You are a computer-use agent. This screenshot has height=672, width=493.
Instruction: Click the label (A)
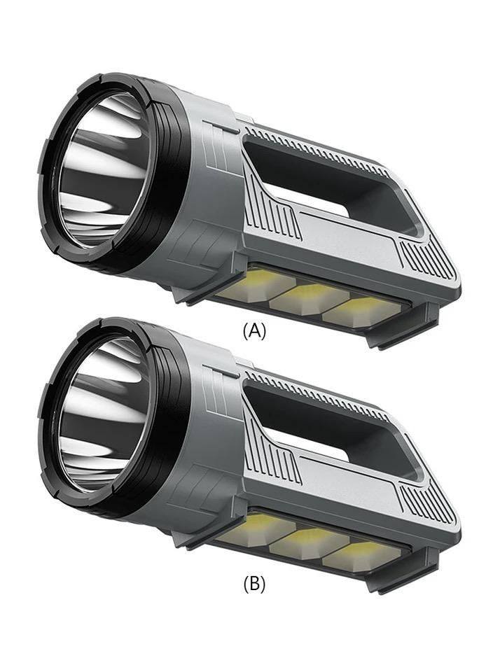tap(254, 331)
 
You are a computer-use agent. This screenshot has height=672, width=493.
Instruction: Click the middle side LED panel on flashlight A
tap(302, 297)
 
